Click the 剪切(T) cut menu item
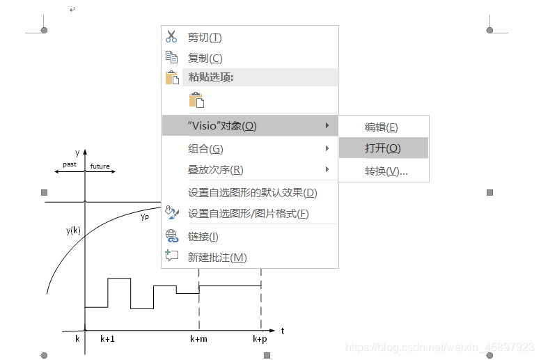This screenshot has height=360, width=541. tap(205, 38)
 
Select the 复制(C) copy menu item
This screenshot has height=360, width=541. tap(205, 58)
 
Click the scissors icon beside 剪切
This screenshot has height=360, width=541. tap(172, 37)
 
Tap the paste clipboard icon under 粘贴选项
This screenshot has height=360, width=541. tap(196, 100)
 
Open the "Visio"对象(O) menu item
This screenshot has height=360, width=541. tap(222, 126)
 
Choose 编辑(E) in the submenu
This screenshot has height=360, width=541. tap(382, 127)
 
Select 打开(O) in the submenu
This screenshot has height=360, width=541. tap(382, 148)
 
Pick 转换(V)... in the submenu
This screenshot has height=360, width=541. tap(386, 171)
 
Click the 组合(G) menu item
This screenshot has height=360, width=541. tap(205, 149)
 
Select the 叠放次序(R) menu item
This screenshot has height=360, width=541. tap(216, 170)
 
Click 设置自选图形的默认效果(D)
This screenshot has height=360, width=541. tap(252, 193)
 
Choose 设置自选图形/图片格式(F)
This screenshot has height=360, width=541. tap(248, 214)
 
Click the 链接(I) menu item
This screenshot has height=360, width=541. tap(203, 237)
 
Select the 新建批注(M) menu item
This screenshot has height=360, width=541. tap(217, 258)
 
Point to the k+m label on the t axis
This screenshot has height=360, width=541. tap(198, 339)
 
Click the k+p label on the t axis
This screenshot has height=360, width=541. tap(260, 339)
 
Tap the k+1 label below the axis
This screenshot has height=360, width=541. tap(108, 339)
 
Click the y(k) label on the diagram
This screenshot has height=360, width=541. tap(74, 230)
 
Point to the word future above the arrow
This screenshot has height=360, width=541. tap(100, 166)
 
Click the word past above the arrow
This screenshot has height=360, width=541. tap(69, 164)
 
